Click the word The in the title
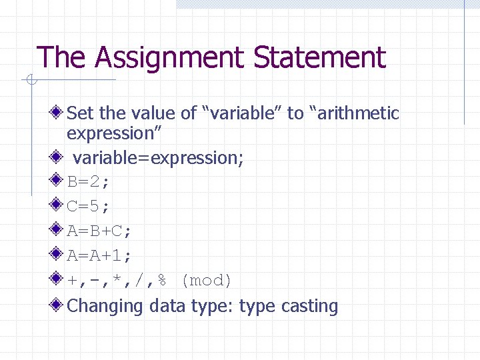pyautogui.click(x=62, y=58)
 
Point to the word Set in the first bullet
pyautogui.click(x=81, y=113)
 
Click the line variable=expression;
pyautogui.click(x=158, y=158)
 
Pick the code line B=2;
pyautogui.click(x=90, y=182)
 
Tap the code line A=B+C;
pyautogui.click(x=99, y=231)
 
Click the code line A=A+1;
pyautogui.click(x=99, y=256)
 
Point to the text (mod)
pyautogui.click(x=207, y=281)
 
